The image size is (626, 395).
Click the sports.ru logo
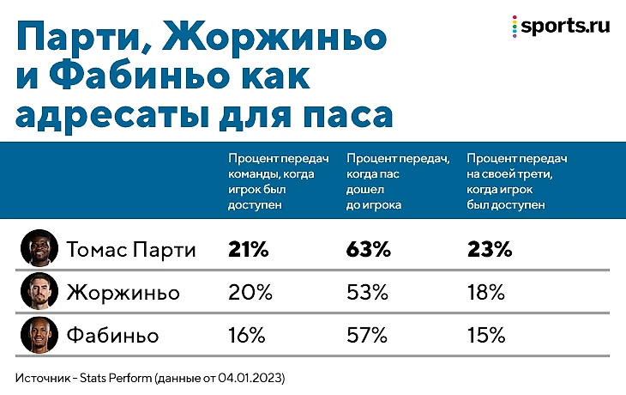560,26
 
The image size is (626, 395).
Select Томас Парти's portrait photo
39,249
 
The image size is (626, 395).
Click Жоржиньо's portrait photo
39,292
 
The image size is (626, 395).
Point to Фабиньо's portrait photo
39,334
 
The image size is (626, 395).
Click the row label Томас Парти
131,250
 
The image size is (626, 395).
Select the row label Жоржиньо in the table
123,292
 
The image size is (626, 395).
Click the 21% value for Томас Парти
249,250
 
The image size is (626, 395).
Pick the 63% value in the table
369,250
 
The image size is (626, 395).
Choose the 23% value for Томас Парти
490,250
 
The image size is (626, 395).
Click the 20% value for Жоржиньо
250,292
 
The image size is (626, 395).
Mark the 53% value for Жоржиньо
369,292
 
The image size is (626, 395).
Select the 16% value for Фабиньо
247,334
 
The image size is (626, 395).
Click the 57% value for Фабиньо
368,334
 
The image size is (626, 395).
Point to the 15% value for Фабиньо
486,334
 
